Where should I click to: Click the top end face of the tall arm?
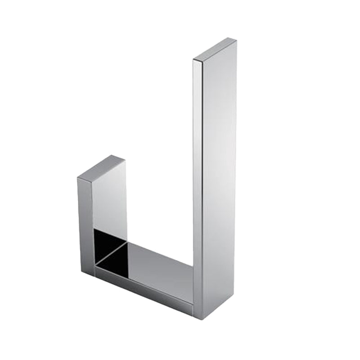215,50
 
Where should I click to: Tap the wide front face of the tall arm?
219,180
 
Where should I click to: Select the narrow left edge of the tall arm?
198,180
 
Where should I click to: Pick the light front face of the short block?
109,198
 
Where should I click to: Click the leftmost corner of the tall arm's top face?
193,60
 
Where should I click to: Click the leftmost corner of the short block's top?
77,178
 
